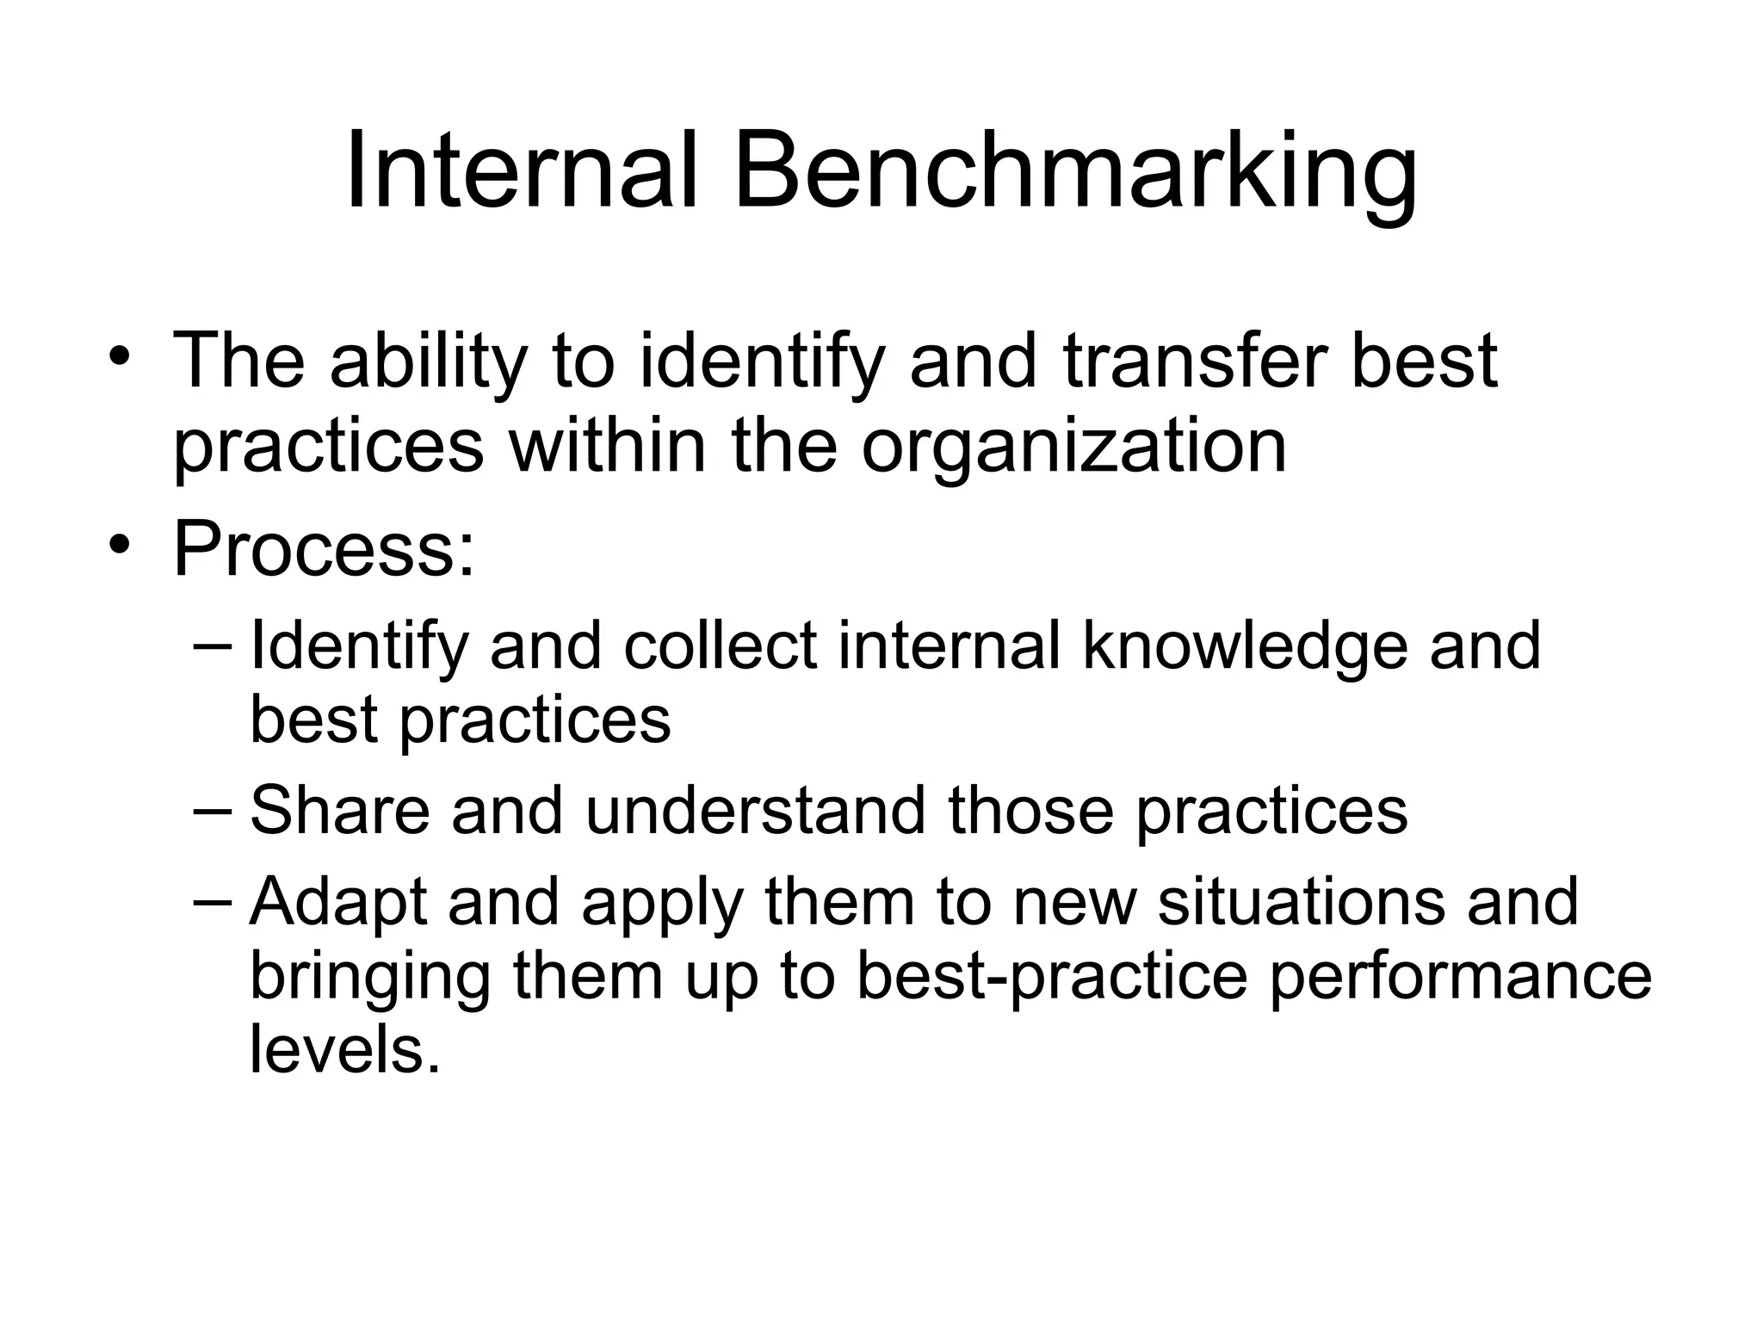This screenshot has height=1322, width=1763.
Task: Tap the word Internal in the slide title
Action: tap(520, 172)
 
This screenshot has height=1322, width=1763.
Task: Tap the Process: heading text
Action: tap(324, 547)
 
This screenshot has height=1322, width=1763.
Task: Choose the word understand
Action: tap(755, 811)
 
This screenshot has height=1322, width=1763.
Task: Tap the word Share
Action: tap(340, 811)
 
